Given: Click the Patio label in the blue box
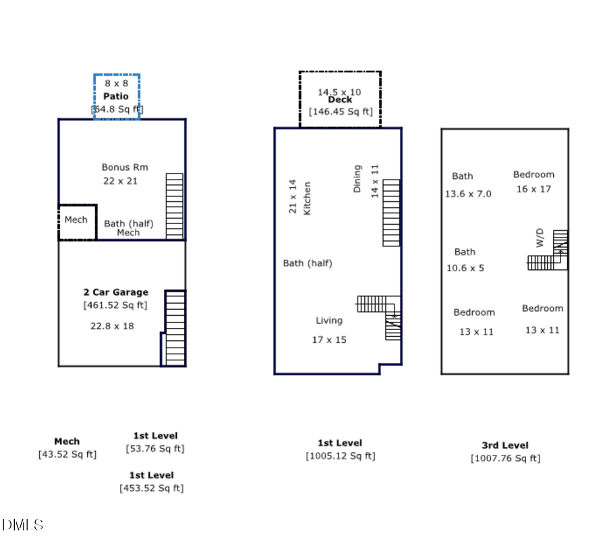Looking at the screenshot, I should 115,96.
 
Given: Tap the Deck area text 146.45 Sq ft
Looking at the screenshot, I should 341,112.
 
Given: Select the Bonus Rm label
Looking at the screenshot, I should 125,167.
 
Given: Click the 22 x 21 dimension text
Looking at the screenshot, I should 120,181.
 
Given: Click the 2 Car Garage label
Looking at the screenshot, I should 115,292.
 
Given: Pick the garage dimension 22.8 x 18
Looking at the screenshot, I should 112,325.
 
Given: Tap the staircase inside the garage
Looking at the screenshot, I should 175,329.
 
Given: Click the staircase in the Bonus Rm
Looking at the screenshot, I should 174,206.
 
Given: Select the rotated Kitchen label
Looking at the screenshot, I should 307,198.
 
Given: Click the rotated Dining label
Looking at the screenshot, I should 357,179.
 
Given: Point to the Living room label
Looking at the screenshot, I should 329,321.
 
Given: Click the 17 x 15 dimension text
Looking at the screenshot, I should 329,339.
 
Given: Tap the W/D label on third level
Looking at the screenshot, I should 540,238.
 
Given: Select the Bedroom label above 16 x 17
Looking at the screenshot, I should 533,174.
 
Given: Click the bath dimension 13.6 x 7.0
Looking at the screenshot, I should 468,194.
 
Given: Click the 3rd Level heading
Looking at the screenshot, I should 505,445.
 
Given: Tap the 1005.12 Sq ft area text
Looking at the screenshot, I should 340,456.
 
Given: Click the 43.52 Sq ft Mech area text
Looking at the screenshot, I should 67,454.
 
